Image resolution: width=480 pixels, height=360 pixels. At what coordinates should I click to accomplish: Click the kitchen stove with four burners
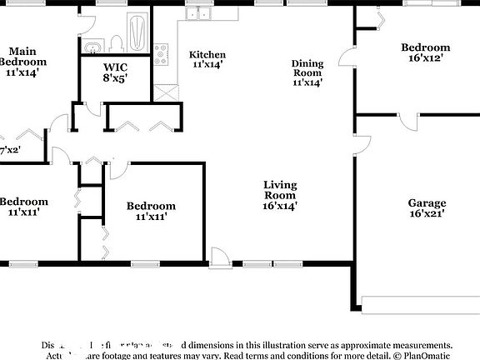click(x=161, y=53)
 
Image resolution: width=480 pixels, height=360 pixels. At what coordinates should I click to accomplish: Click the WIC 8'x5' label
click(x=115, y=73)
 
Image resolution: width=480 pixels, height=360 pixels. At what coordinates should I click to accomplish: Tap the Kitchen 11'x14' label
click(x=207, y=59)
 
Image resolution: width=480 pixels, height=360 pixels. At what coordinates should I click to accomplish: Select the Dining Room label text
click(x=307, y=72)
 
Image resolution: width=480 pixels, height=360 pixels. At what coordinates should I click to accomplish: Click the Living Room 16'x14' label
click(x=280, y=194)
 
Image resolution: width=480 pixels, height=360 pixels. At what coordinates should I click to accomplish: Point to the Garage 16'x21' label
click(x=427, y=207)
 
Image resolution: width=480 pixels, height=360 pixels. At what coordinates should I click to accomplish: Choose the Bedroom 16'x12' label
click(x=425, y=52)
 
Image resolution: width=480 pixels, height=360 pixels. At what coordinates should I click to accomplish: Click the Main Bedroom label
click(x=22, y=56)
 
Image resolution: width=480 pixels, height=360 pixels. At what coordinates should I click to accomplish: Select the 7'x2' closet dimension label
click(x=9, y=150)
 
